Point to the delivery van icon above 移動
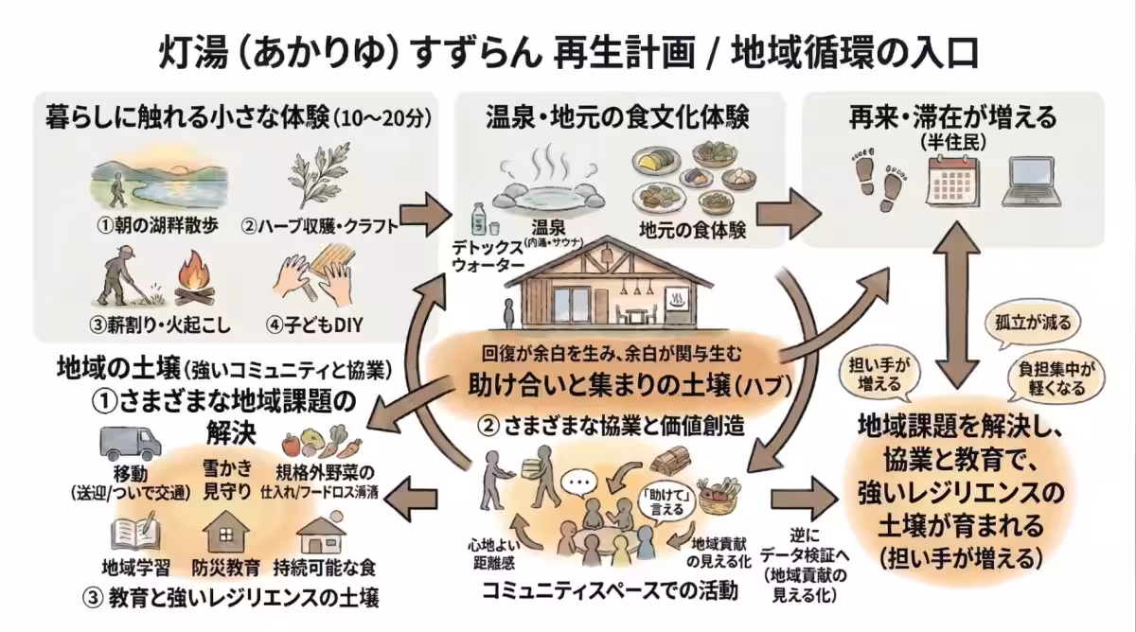click(130, 441)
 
